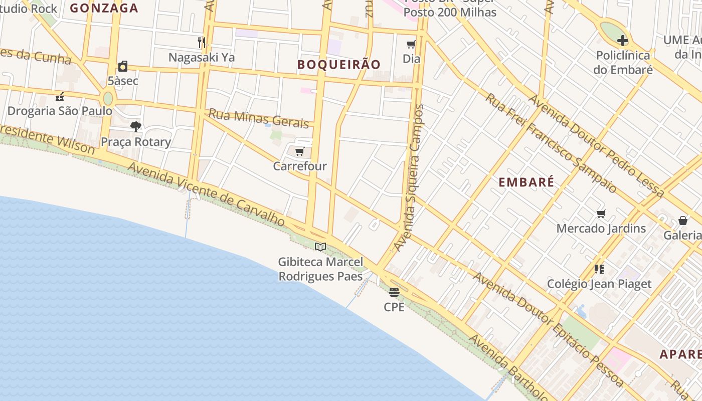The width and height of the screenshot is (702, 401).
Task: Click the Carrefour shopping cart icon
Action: point(300,151)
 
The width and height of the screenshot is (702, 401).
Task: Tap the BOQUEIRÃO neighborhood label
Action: point(339,65)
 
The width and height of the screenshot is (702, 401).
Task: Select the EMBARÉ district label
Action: point(526,182)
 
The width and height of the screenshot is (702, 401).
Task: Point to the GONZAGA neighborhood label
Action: point(104,8)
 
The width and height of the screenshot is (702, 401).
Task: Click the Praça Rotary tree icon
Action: point(135,126)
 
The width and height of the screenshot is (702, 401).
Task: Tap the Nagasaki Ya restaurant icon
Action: point(202,42)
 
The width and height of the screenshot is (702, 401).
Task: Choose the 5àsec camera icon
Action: point(123,66)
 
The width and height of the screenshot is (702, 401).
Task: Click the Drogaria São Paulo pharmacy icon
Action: point(60,96)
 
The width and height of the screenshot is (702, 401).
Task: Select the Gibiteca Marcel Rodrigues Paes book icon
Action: point(320,247)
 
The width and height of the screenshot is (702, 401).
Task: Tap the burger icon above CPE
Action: point(394,292)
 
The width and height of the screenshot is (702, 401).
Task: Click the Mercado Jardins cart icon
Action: point(601,214)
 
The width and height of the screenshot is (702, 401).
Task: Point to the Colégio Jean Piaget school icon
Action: point(599,269)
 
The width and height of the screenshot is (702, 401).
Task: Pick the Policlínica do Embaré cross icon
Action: point(623,41)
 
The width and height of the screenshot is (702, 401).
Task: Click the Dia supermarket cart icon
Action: point(411,44)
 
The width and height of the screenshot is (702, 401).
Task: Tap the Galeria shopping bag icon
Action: point(683,221)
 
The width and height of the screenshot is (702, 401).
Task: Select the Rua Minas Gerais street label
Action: point(258,119)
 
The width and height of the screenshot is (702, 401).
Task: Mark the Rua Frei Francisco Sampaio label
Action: point(550,142)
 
